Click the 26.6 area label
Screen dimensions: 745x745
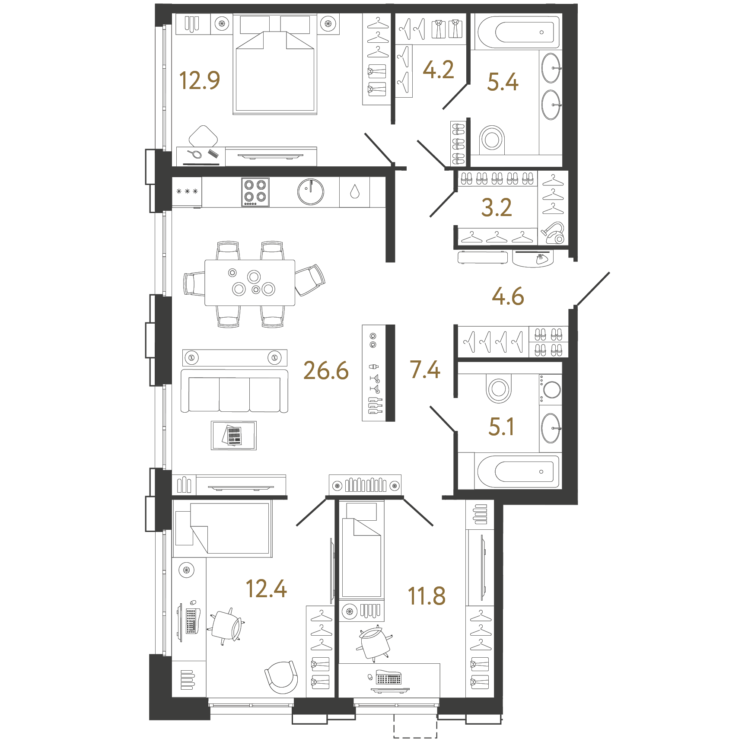[326, 371]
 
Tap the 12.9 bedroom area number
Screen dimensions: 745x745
[200, 80]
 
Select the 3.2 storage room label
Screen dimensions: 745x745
[497, 208]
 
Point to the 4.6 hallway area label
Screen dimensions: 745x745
[508, 296]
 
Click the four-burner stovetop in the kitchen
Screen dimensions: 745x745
[255, 191]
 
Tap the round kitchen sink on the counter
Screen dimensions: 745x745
[310, 191]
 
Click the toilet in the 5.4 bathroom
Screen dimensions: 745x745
[492, 138]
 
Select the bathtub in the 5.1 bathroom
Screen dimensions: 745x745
[518, 471]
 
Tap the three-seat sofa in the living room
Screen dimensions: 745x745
[234, 392]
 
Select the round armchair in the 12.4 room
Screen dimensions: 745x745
[281, 677]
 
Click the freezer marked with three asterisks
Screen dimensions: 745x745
[187, 191]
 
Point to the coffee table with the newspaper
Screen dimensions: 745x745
[233, 436]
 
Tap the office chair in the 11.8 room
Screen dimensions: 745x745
[374, 643]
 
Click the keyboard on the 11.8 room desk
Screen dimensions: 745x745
[388, 678]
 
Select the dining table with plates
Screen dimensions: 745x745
[249, 283]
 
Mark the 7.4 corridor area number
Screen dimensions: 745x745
[425, 370]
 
